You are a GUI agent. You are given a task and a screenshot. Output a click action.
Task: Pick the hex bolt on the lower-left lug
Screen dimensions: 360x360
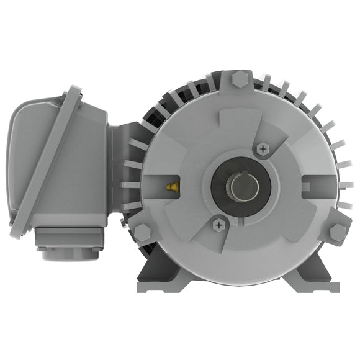(x=142, y=233)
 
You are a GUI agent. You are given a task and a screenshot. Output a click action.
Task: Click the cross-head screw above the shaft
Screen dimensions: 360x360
(x=263, y=149)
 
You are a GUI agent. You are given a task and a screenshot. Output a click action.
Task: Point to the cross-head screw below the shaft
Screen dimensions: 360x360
(x=218, y=224)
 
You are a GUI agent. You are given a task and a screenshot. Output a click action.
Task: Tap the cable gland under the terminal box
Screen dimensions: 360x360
(x=68, y=248)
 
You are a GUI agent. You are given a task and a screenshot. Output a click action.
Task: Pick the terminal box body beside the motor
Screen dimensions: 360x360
(x=87, y=168)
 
